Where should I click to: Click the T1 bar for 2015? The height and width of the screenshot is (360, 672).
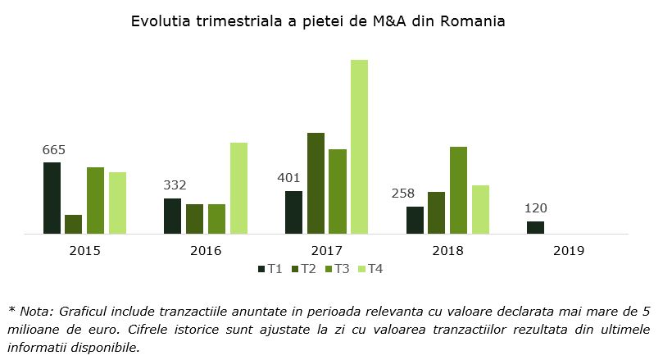52,198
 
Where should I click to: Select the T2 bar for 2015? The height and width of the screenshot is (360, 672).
74,224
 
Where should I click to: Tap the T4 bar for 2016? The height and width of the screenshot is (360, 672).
238,188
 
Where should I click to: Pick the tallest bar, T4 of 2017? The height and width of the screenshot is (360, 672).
359,147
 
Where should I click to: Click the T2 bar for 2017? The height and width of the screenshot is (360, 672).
316,183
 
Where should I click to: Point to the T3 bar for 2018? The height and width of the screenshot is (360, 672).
458,190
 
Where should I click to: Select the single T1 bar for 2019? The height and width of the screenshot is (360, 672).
535,227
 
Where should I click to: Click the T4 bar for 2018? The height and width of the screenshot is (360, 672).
480,209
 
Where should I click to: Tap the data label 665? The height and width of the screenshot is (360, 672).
53,150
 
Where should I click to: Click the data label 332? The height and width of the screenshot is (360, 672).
175,185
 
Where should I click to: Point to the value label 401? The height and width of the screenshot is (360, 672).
289,178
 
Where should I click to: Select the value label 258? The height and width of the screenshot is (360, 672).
402,194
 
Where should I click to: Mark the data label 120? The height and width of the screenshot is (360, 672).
535,208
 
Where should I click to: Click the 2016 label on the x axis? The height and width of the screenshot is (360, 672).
206,250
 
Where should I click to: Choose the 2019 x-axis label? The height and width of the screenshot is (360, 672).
568,250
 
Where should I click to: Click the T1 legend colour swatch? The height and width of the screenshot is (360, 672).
261,269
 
